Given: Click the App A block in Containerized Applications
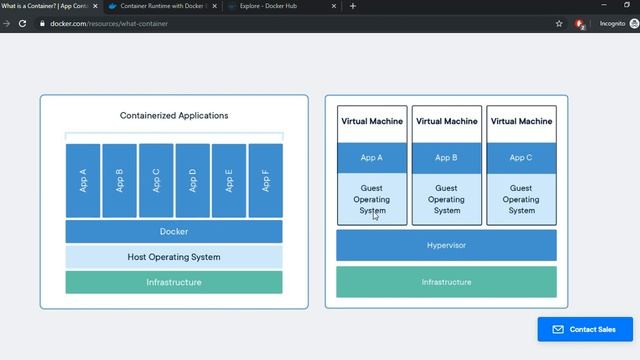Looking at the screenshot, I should [x=83, y=180].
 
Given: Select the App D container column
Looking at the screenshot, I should [x=192, y=180].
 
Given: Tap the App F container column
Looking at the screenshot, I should [x=265, y=180].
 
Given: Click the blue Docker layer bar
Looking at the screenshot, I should [x=174, y=232].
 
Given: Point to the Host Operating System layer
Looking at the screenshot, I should [x=174, y=257].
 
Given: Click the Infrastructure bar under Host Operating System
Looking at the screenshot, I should [x=174, y=282].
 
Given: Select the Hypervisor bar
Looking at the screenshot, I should [x=446, y=245].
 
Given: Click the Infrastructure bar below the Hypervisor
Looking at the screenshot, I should [x=446, y=282].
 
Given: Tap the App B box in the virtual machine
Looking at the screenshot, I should [x=446, y=158].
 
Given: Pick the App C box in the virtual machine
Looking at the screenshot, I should [x=521, y=158].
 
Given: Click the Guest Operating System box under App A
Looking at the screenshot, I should [x=372, y=198].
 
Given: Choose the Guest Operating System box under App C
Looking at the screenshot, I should [x=521, y=198].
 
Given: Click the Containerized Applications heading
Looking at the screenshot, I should [x=174, y=115].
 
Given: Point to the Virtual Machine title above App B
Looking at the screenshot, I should [x=446, y=122].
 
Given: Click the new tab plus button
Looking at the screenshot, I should [x=352, y=6].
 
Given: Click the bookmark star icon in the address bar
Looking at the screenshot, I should [x=559, y=23].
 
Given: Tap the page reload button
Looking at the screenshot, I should [x=22, y=23].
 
